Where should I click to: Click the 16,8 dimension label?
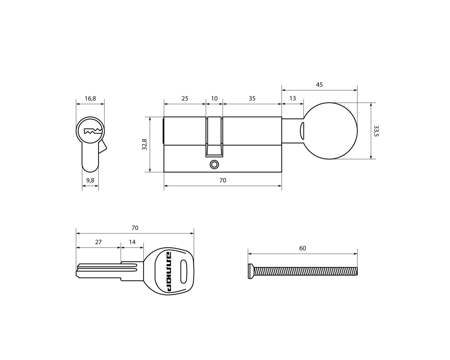click(90, 98)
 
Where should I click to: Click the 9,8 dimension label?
click(90, 180)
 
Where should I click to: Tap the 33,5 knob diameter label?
click(376, 131)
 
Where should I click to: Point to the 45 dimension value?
click(319, 85)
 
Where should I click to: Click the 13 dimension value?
click(292, 98)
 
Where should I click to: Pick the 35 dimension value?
click(252, 98)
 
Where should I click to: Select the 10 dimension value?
click(214, 98)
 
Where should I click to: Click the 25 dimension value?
click(185, 98)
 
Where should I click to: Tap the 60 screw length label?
click(303, 248)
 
